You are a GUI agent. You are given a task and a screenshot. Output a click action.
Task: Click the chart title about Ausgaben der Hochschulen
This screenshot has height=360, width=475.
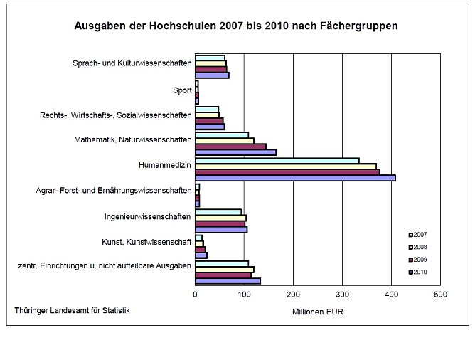[236, 26]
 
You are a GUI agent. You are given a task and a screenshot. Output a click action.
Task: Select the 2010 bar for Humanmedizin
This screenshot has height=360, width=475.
[295, 177]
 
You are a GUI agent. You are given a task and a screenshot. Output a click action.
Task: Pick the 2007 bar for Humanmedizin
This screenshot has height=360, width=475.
[277, 160]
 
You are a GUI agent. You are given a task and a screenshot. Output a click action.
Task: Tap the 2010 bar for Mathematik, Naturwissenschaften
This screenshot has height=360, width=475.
[235, 152]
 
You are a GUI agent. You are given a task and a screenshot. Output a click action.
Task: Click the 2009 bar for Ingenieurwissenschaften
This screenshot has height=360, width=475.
[220, 223]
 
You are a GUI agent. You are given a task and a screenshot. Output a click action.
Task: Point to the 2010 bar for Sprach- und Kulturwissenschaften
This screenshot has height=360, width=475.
[212, 75]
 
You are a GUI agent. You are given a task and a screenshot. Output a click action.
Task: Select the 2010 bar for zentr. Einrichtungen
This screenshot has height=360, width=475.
[228, 280]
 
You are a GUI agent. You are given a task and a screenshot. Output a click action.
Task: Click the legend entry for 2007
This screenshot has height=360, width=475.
[417, 234]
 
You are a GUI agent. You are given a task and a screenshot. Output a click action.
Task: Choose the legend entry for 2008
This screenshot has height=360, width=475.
[417, 247]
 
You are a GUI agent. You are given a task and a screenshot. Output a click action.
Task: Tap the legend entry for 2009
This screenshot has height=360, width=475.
[417, 259]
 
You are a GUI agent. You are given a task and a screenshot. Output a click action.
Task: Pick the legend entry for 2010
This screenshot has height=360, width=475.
[417, 272]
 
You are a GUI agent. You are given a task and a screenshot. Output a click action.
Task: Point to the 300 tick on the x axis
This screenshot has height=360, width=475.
[342, 293]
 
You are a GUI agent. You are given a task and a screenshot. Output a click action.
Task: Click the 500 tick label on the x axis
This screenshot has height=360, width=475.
[440, 293]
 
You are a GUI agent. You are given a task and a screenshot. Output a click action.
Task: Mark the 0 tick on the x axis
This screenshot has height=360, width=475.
[196, 293]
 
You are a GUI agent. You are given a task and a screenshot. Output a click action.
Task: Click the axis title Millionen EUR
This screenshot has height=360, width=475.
[317, 312]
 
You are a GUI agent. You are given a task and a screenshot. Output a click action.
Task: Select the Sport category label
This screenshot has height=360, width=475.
[182, 90]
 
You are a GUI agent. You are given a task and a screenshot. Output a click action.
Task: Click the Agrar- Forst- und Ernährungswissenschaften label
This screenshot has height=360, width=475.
[113, 191]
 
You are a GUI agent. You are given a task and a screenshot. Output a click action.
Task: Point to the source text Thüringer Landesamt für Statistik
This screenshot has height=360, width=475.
[72, 310]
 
